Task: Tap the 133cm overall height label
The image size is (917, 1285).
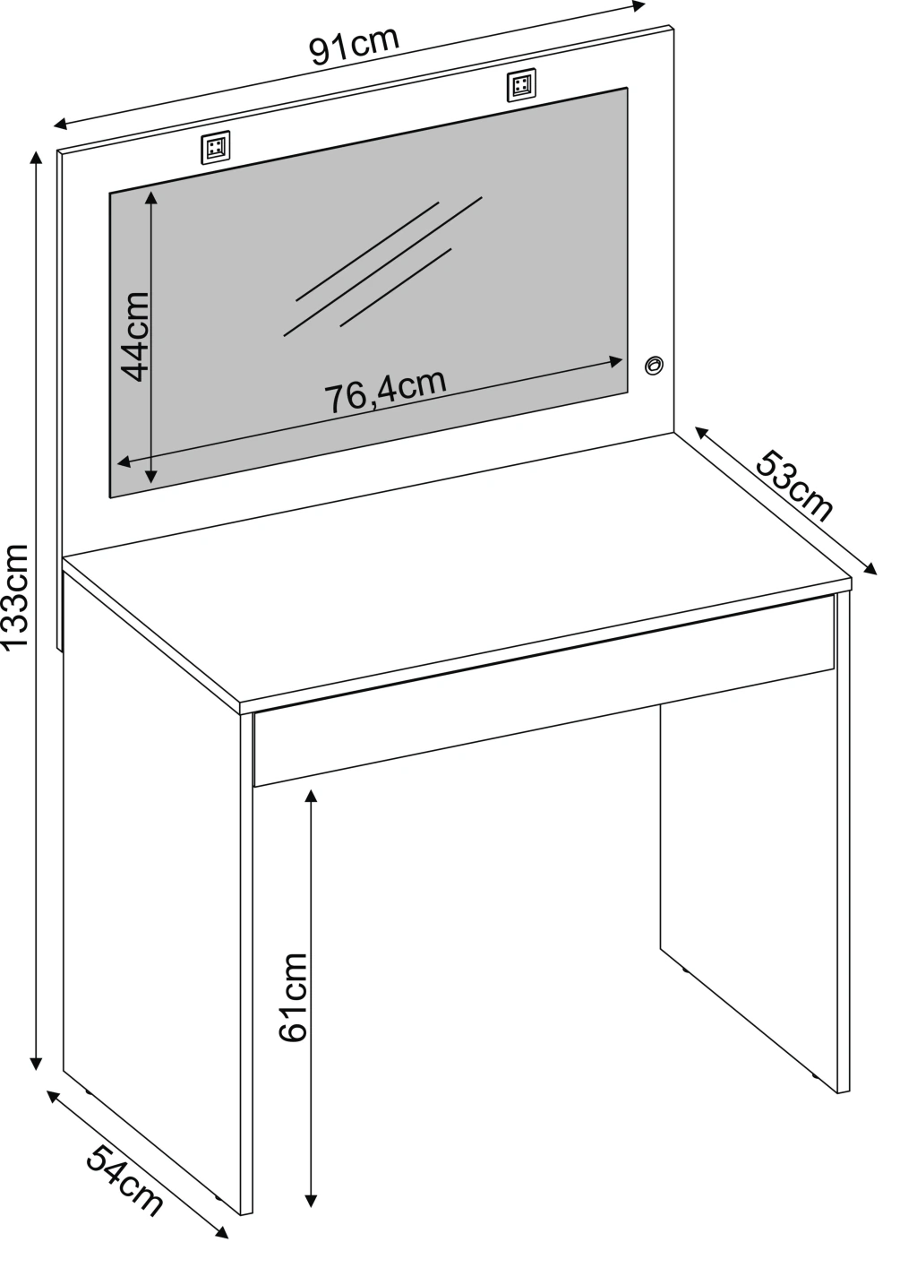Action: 14,597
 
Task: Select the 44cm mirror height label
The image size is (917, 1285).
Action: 136,336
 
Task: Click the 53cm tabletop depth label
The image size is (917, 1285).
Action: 793,487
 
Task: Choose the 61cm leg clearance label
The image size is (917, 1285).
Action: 293,997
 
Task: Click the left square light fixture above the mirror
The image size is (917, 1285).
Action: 216,148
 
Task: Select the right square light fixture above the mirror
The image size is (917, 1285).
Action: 521,86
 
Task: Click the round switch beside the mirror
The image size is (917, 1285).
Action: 654,366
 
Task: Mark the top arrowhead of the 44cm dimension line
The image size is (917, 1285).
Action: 150,197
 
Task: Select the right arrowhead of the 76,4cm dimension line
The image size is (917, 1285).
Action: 616,361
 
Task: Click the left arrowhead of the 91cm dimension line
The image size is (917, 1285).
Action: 61,124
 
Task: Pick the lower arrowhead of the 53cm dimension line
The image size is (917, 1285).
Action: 870,568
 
